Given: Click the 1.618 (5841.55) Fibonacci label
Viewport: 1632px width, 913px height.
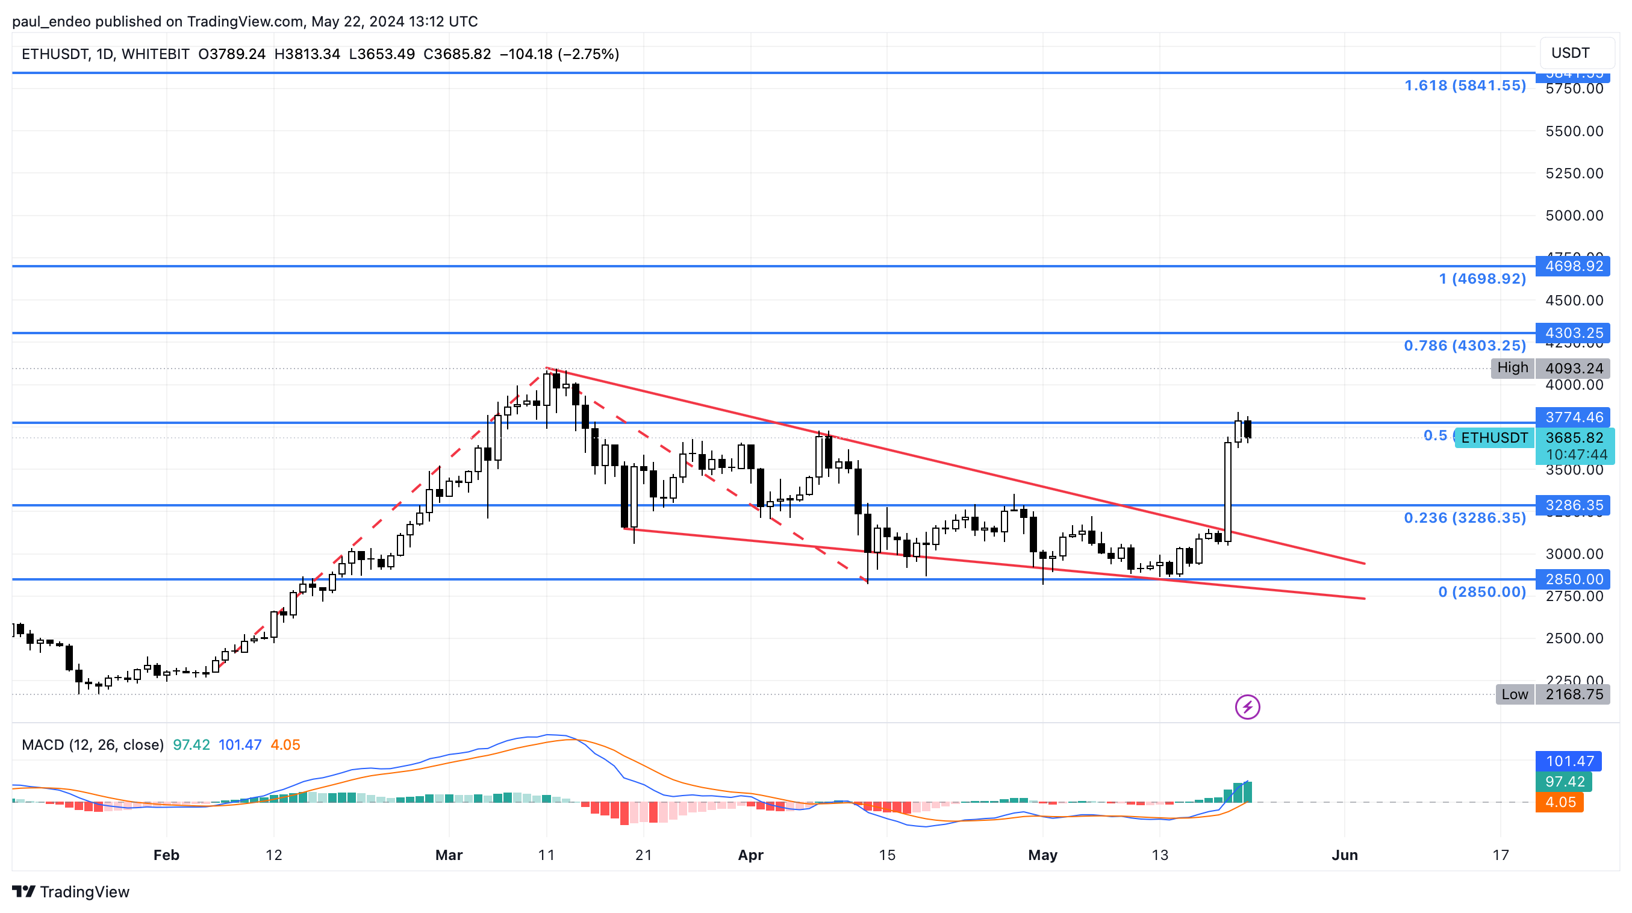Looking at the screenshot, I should tap(1465, 86).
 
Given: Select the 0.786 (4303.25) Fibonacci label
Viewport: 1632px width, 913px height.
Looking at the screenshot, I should tap(1465, 346).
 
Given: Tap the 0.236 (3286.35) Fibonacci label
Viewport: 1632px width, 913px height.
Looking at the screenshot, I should tap(1465, 519).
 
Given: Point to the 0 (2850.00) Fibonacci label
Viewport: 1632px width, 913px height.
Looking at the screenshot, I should tap(1482, 593).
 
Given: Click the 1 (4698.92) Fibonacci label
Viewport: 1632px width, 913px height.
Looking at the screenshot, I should tap(1482, 279).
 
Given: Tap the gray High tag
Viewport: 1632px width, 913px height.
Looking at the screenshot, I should tap(1512, 368).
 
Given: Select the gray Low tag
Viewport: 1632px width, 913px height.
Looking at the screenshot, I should tap(1514, 694).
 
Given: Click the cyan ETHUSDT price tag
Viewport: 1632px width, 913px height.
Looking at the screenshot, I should tap(1494, 438).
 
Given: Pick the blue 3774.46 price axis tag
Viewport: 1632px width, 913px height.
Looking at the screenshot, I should tap(1574, 417).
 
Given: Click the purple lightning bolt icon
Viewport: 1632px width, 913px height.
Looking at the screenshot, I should tap(1247, 707).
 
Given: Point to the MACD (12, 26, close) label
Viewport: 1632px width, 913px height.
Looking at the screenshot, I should tap(93, 745).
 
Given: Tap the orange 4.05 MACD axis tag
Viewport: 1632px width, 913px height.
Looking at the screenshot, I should tap(1560, 803).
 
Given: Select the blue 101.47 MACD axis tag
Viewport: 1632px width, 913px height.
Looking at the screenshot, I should tap(1569, 762).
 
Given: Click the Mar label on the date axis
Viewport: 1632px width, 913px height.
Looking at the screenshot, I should tap(449, 855).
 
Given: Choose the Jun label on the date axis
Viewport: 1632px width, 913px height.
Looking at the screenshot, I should tap(1344, 855).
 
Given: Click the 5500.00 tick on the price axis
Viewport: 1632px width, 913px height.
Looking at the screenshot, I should tap(1574, 131).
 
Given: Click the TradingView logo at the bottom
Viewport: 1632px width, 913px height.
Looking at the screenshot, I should tap(71, 892).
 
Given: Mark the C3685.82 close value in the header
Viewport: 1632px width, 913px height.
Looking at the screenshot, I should tap(457, 54).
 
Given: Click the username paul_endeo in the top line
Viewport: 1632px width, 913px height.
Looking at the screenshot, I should tap(51, 22).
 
